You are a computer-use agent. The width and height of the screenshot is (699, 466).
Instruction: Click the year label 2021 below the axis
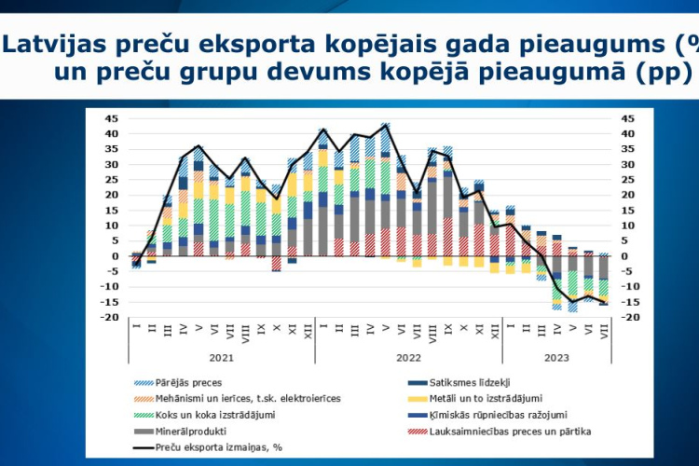(221, 358)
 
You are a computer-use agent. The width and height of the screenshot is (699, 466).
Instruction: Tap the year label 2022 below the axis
(408, 358)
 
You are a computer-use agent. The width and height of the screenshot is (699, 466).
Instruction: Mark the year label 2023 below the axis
(556, 358)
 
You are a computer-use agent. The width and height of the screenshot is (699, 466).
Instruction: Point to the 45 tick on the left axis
(112, 118)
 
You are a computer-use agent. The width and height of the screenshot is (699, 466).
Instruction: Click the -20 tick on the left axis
(110, 318)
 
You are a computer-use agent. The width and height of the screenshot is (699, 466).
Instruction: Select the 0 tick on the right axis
(624, 256)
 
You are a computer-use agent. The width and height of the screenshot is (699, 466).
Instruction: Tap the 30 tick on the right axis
(627, 165)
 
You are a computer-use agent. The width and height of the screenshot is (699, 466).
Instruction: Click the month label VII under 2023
(605, 332)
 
